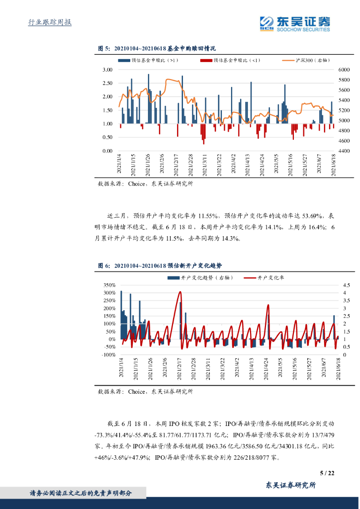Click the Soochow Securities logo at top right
(x=295, y=23)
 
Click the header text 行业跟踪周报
(x=50, y=22)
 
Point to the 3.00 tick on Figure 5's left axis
(x=107, y=70)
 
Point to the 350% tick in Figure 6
(x=109, y=285)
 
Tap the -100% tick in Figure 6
(x=108, y=355)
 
